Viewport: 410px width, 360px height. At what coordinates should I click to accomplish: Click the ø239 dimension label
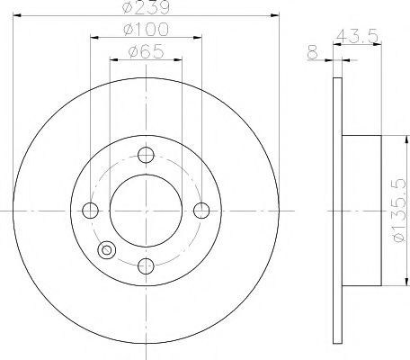click(146, 7)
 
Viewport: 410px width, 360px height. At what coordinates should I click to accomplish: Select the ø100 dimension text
click(146, 30)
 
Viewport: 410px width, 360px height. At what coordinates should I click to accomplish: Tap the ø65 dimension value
click(146, 51)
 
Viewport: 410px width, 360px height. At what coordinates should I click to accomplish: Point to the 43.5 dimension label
click(356, 36)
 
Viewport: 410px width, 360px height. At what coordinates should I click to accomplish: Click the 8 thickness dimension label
click(312, 52)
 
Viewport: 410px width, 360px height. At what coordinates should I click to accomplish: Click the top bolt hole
click(146, 155)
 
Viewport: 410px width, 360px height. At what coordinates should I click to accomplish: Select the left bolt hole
click(90, 211)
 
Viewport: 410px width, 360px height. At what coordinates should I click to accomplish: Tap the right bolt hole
click(201, 211)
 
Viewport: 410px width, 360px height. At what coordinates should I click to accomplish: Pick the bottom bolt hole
click(146, 265)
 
